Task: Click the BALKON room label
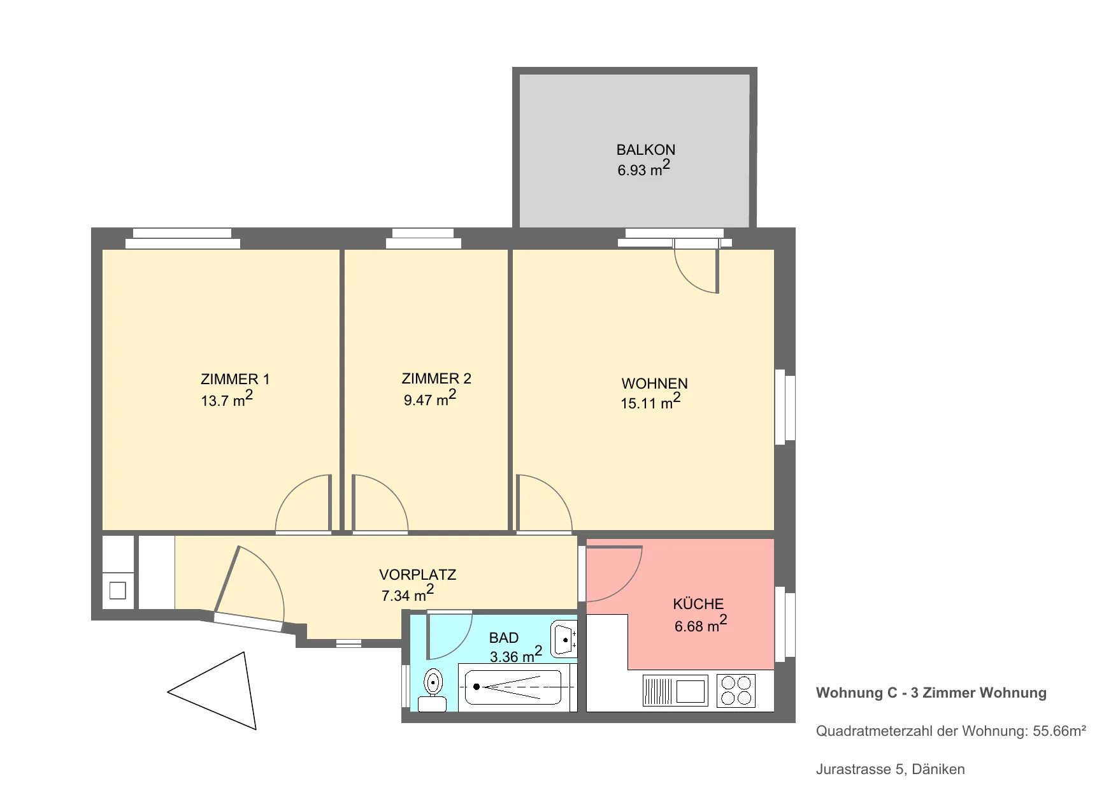(x=645, y=150)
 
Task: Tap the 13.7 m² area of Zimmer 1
(x=227, y=399)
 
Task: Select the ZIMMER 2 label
(x=436, y=378)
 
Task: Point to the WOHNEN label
(x=654, y=384)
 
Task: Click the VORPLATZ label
(x=417, y=575)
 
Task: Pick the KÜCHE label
(x=698, y=603)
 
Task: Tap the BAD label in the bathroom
(x=503, y=638)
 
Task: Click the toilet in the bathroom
(x=433, y=690)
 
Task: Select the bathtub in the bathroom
(x=513, y=687)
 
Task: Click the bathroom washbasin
(x=564, y=639)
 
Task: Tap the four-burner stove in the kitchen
(x=736, y=691)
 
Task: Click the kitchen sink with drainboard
(x=675, y=691)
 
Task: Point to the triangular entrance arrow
(x=213, y=691)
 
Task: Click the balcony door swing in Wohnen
(x=696, y=271)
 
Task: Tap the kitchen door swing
(x=613, y=573)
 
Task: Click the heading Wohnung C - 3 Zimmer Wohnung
(x=931, y=693)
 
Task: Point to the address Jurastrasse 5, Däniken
(x=890, y=769)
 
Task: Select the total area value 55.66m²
(x=1059, y=731)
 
